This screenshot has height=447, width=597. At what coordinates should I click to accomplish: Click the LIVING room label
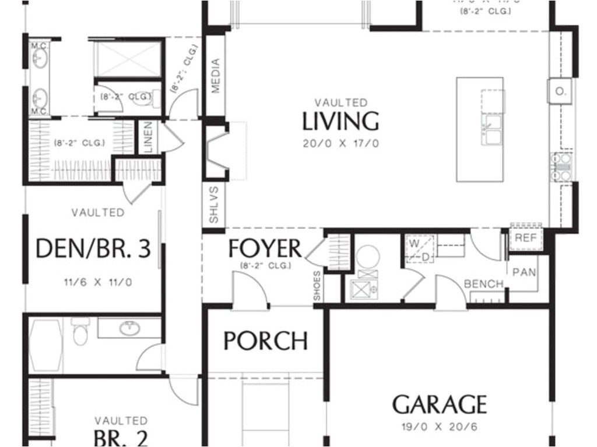coord(340,122)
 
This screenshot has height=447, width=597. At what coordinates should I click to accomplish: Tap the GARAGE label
coord(439,404)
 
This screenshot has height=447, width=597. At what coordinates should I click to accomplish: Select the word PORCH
coord(266,341)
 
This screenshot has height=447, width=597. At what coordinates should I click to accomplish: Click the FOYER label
coord(265,249)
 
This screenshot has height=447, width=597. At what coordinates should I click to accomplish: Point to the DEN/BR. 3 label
coord(93,249)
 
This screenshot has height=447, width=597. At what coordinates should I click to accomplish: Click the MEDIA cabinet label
coord(216,76)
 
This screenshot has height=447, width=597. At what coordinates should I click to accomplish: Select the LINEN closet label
coord(147,137)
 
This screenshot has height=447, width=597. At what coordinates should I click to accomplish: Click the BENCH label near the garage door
coord(483,284)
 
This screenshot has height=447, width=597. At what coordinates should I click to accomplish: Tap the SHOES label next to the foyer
coord(317,286)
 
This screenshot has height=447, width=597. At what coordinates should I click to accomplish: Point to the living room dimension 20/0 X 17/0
coord(340,143)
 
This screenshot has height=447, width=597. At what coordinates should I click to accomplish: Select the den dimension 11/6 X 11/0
coord(98,283)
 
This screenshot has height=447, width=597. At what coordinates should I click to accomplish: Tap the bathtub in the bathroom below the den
coord(46,345)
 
